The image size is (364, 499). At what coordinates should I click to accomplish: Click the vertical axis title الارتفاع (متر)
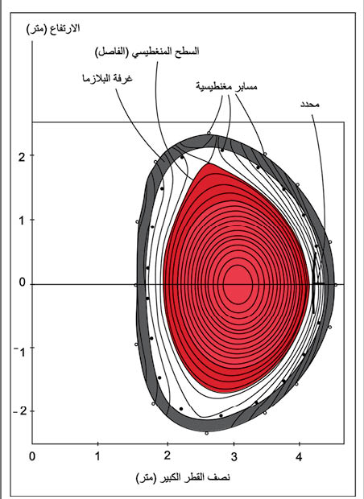pos(53,29)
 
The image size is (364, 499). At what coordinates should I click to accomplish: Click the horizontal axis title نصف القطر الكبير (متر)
pos(183,477)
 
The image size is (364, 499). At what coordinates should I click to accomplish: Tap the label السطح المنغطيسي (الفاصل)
pos(147,52)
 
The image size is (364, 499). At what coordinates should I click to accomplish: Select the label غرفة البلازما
pos(107,78)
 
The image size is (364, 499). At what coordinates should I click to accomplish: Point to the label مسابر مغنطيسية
pos(226,86)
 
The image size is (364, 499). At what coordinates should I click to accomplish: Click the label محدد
pos(310,104)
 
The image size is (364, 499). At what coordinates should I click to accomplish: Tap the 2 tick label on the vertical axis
pos(22,157)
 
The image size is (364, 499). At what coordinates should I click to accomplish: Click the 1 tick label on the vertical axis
pos(22,221)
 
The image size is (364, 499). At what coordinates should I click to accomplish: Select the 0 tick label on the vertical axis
pos(22,282)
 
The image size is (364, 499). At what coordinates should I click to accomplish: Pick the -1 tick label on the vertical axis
pos(20,352)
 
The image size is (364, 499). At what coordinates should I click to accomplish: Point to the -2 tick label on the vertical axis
pos(20,411)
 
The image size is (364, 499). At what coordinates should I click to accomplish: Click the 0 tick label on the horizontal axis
pos(32,456)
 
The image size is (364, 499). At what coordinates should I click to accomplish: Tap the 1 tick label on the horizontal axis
pos(97,456)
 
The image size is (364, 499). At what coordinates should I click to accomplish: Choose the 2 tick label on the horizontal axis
pos(168,456)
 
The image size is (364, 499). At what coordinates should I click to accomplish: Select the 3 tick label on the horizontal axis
pos(234,457)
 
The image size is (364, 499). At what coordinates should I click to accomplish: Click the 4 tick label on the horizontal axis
pos(299,457)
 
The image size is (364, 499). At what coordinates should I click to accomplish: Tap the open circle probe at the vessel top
pos(209,133)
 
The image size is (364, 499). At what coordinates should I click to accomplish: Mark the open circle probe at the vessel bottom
pos(206,433)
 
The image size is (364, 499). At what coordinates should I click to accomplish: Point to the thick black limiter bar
pos(314,283)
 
